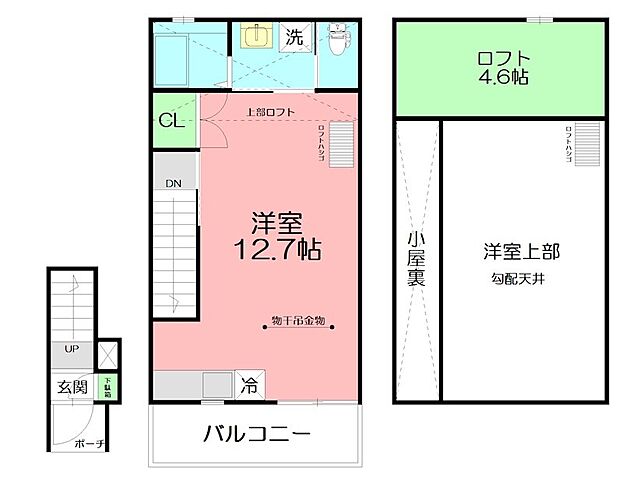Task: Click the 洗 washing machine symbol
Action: pos(294,39)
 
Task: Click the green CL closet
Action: pos(171,120)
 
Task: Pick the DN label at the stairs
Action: pos(174,184)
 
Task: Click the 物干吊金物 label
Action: pos(297,322)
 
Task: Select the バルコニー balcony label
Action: pos(257,435)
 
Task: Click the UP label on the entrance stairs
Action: pos(72,350)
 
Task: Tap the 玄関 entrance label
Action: pos(71,386)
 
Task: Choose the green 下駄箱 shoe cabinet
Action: pos(109,385)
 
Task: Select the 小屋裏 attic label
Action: pos(416,259)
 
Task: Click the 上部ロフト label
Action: pos(270,112)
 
